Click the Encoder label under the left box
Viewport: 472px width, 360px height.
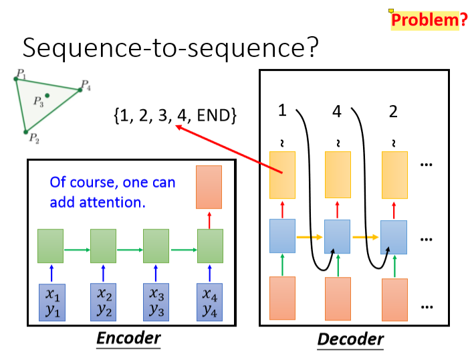click(128, 338)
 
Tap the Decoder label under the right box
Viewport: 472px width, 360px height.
click(350, 339)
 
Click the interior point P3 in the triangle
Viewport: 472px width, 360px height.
click(47, 96)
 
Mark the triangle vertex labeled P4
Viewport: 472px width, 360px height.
click(80, 89)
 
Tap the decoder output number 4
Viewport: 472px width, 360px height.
click(336, 112)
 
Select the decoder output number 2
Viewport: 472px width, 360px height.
click(392, 112)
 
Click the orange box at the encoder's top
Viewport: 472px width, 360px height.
click(209, 187)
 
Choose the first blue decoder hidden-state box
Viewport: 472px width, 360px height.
click(282, 236)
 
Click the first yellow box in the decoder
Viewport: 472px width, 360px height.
click(282, 175)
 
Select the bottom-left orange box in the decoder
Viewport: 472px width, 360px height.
click(282, 299)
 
